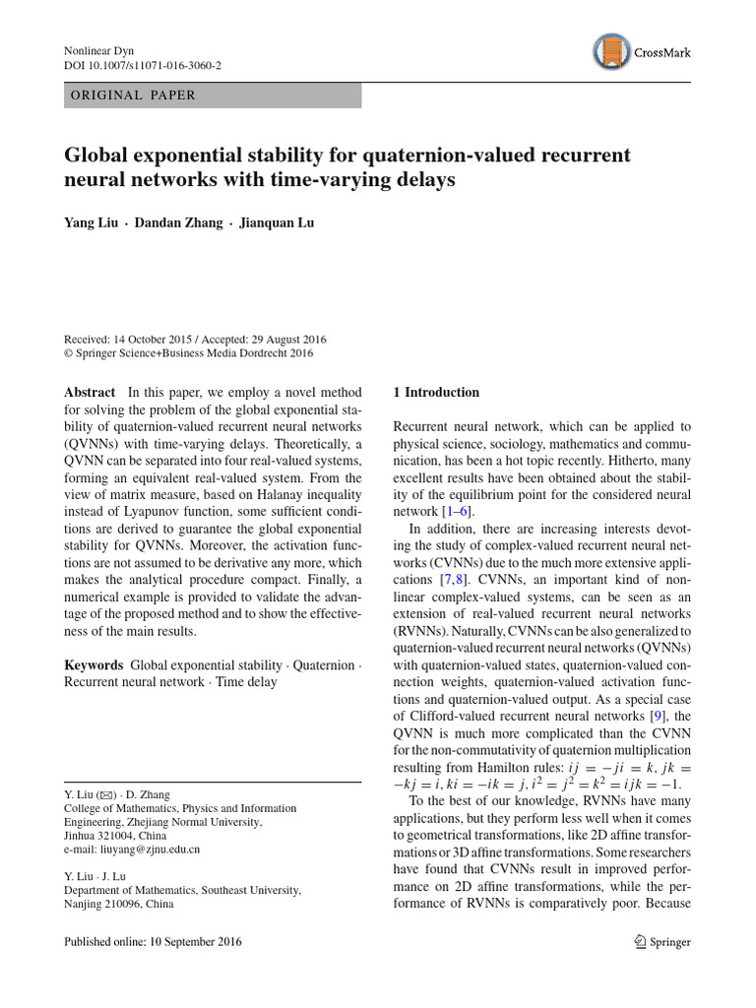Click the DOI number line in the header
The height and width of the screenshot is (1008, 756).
(x=142, y=65)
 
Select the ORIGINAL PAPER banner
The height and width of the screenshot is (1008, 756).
(x=213, y=95)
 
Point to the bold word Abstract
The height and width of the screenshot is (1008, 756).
(x=90, y=392)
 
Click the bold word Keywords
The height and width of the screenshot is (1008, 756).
(x=94, y=665)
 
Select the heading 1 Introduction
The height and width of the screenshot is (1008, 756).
(x=436, y=392)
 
